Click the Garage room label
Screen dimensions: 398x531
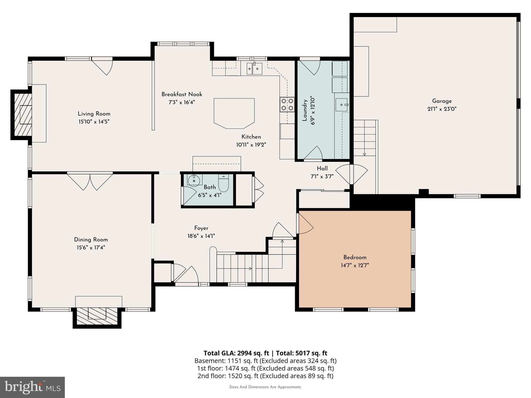tap(442, 101)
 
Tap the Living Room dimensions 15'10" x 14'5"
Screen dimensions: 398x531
tap(94, 122)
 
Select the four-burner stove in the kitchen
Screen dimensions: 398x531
tap(287, 104)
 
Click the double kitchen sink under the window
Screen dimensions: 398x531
tap(254, 69)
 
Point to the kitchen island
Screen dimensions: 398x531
tap(234, 113)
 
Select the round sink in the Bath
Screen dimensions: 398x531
tap(194, 181)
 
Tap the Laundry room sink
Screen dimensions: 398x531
tap(342, 105)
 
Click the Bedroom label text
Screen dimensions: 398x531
tap(355, 257)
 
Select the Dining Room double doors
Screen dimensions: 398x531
tap(90, 181)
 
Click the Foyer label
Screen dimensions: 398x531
tap(201, 228)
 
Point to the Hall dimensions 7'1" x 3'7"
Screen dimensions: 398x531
tap(322, 176)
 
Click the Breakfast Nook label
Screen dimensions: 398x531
tap(182, 94)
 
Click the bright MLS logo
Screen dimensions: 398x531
tap(32, 387)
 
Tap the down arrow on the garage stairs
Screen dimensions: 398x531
tap(364, 154)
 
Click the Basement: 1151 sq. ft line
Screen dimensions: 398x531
tap(265, 361)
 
